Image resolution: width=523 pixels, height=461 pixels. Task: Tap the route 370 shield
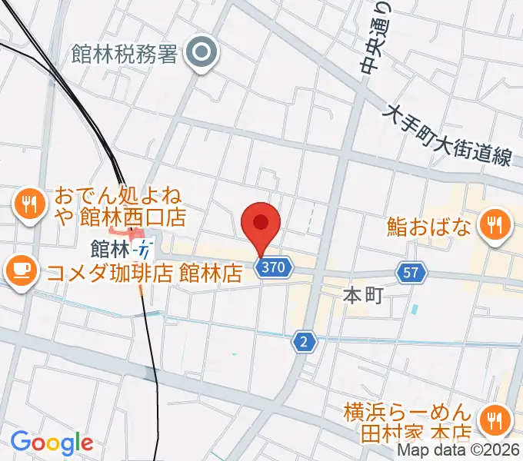[x=275, y=268]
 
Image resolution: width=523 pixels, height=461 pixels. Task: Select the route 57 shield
[x=411, y=271]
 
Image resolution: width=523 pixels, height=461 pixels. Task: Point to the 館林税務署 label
[x=124, y=53]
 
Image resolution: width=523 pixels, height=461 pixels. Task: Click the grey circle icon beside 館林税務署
[x=203, y=53]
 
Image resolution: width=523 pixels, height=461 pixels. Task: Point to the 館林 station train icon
[x=144, y=249]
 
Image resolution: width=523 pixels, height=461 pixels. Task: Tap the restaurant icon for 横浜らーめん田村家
[x=491, y=420]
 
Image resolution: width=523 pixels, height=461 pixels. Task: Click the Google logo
[x=52, y=443]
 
